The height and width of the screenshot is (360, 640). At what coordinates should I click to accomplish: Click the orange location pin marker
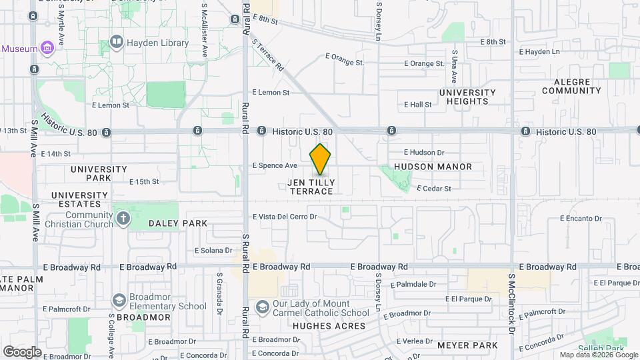click(x=321, y=159)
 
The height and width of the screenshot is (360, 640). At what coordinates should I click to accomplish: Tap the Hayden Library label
click(x=158, y=43)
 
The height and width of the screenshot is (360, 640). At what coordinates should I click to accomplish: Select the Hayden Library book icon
click(x=117, y=43)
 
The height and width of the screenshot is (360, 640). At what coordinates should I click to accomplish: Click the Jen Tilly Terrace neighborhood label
click(x=311, y=187)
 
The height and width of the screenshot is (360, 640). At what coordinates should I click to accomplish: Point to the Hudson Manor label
click(x=433, y=167)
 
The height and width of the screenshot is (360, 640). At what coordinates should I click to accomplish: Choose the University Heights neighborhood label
click(x=467, y=97)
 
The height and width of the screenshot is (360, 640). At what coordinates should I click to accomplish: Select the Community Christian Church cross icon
click(x=123, y=218)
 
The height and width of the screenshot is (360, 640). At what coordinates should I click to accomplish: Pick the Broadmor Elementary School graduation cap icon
click(x=119, y=301)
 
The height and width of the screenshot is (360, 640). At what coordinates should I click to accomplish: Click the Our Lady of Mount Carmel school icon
click(x=263, y=307)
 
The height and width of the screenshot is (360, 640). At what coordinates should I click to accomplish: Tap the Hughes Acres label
click(x=329, y=326)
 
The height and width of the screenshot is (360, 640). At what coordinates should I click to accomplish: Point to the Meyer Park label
click(x=467, y=345)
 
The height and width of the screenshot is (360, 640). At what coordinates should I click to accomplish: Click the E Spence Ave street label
click(x=275, y=165)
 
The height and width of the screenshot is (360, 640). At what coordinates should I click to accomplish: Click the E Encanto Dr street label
click(x=580, y=218)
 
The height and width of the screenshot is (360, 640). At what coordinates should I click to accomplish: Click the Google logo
click(x=22, y=351)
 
